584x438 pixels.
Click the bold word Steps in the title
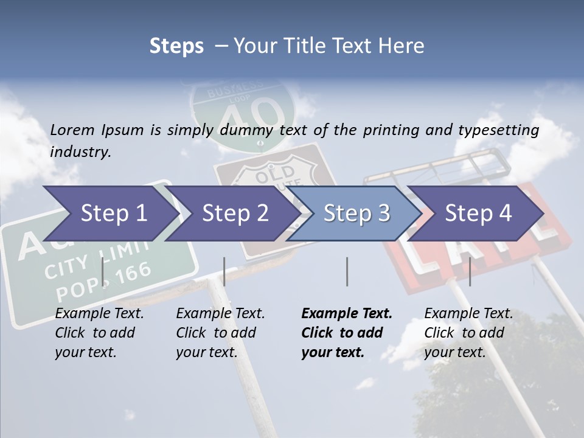pos(176,46)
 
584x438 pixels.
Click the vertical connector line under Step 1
pos(103,271)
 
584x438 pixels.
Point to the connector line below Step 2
pos(224,271)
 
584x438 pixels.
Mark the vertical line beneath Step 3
pos(347,271)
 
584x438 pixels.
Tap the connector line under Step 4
pos(470,271)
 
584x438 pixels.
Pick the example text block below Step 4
pos(468,333)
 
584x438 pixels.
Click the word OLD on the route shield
pos(274,176)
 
